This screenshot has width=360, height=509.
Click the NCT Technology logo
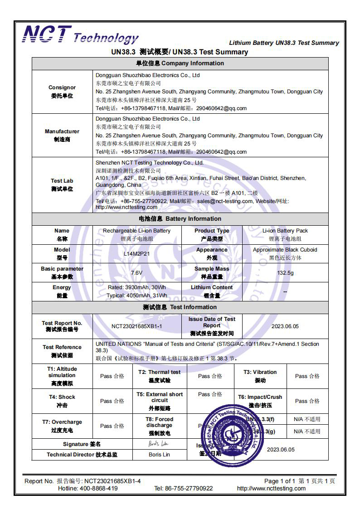(x=81, y=35)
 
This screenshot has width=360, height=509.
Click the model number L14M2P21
(x=136, y=254)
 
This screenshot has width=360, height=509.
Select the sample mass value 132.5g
(x=285, y=273)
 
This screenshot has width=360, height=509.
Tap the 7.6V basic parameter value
(x=136, y=273)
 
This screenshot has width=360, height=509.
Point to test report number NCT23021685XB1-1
(x=136, y=326)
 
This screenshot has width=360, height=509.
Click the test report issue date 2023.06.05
(x=285, y=326)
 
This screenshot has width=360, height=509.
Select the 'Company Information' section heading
(x=180, y=63)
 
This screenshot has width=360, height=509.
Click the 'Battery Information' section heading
(x=180, y=218)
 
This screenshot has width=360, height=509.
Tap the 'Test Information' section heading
(x=180, y=307)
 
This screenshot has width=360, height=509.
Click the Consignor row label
(x=62, y=92)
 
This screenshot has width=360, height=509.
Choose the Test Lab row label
(x=62, y=184)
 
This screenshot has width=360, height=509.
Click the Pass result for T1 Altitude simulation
(x=112, y=376)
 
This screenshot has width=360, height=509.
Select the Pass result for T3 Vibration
(x=307, y=376)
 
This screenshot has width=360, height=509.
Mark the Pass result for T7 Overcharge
(x=112, y=426)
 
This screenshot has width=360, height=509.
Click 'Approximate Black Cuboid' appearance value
(x=285, y=250)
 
